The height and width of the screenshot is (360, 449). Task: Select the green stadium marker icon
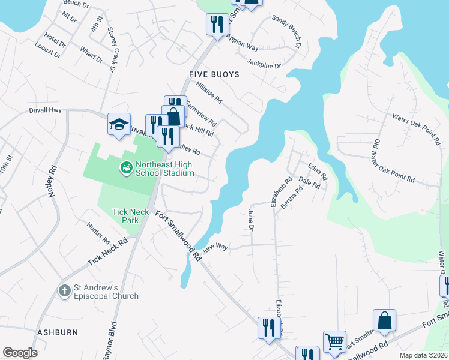126,167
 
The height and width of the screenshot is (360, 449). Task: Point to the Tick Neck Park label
126,216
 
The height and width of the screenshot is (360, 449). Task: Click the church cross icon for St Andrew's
65,291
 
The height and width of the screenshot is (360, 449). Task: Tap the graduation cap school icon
119,124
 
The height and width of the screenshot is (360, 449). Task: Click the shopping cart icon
335,342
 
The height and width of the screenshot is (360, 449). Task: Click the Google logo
20,352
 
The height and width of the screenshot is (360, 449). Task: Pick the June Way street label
215,247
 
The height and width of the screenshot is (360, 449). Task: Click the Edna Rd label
317,172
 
